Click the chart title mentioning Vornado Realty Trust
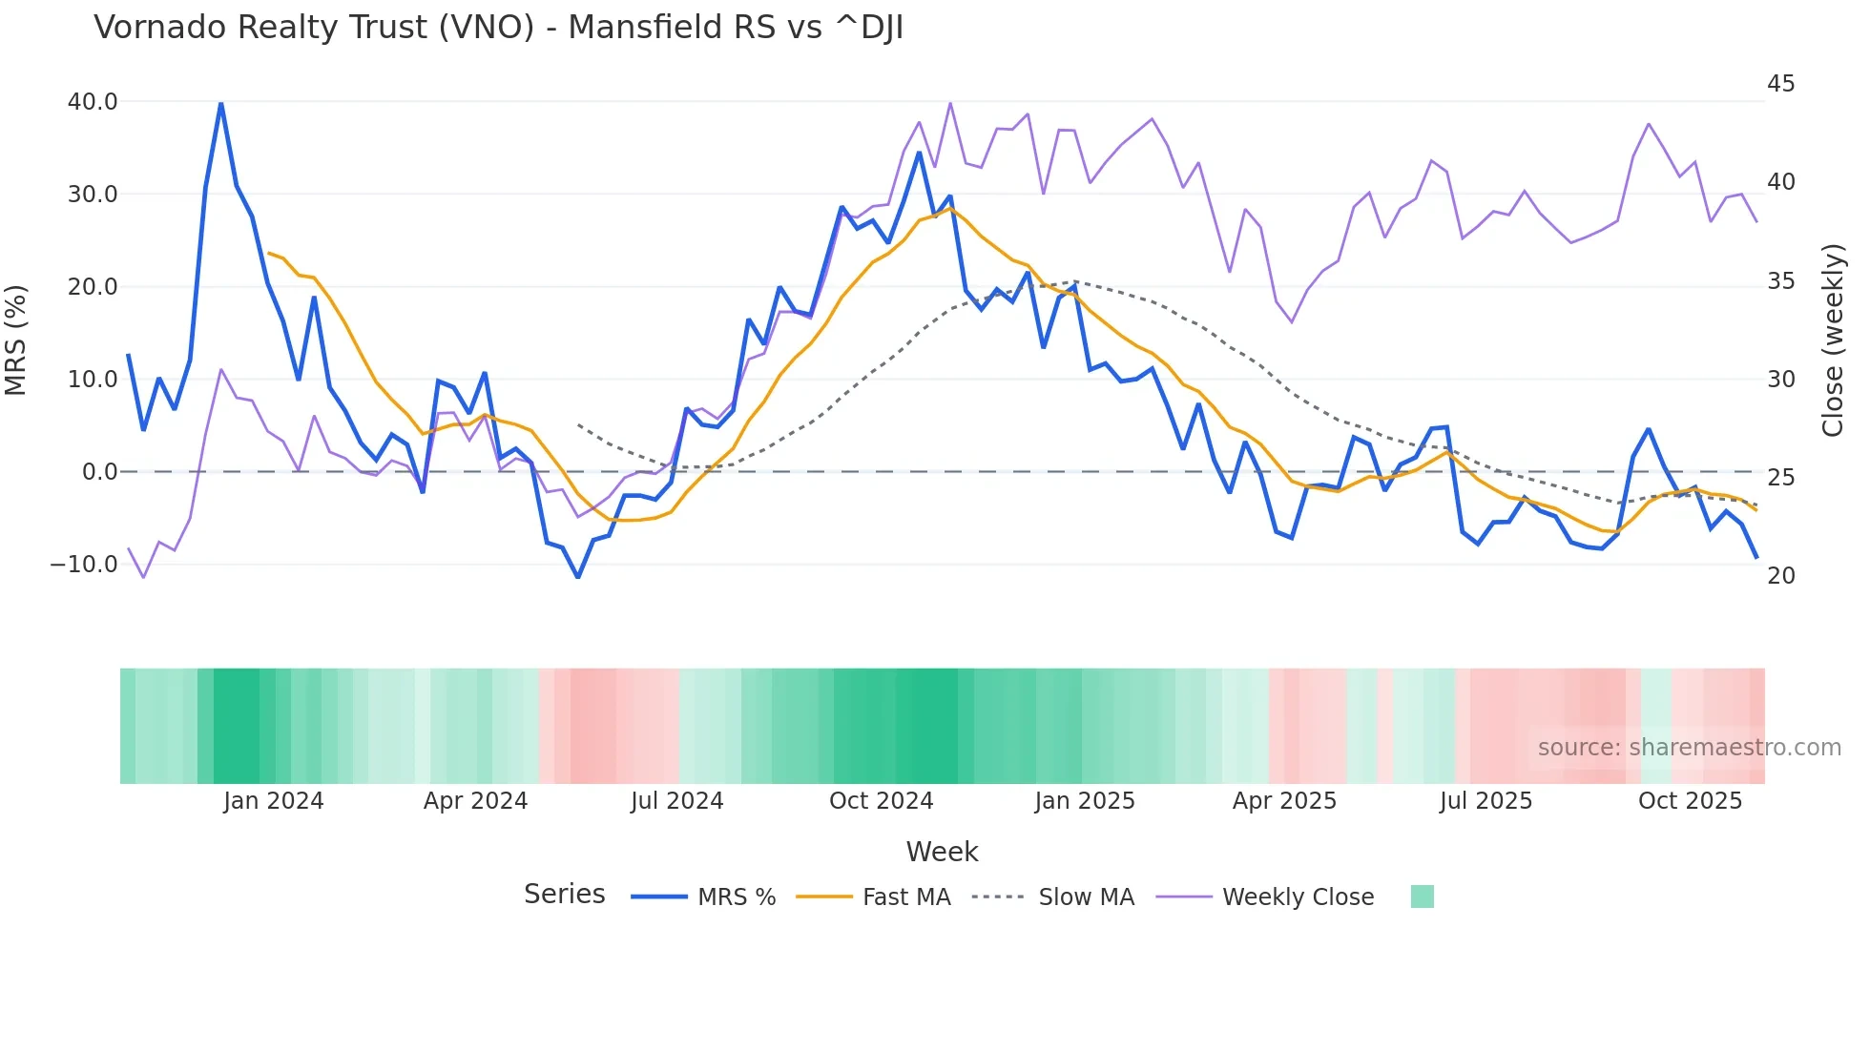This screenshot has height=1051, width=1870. tap(498, 28)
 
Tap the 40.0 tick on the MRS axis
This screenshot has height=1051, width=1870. tap(93, 102)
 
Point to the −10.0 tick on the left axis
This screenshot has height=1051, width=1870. tap(84, 565)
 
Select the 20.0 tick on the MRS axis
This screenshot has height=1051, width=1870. tap(93, 287)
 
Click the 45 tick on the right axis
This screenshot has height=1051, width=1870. tap(1780, 84)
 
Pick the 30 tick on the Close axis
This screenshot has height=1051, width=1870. tap(1780, 380)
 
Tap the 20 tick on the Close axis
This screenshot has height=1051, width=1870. tap(1780, 576)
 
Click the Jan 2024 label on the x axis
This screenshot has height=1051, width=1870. tap(274, 801)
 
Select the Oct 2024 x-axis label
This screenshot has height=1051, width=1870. tap(881, 801)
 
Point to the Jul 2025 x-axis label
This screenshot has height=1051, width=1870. tap(1486, 801)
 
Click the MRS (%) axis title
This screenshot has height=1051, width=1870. tap(16, 340)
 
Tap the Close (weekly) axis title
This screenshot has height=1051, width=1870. tap(1832, 340)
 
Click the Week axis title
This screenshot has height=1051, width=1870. tap(942, 852)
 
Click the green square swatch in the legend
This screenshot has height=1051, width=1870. tap(1422, 896)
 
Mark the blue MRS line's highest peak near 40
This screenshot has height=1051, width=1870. tap(220, 104)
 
